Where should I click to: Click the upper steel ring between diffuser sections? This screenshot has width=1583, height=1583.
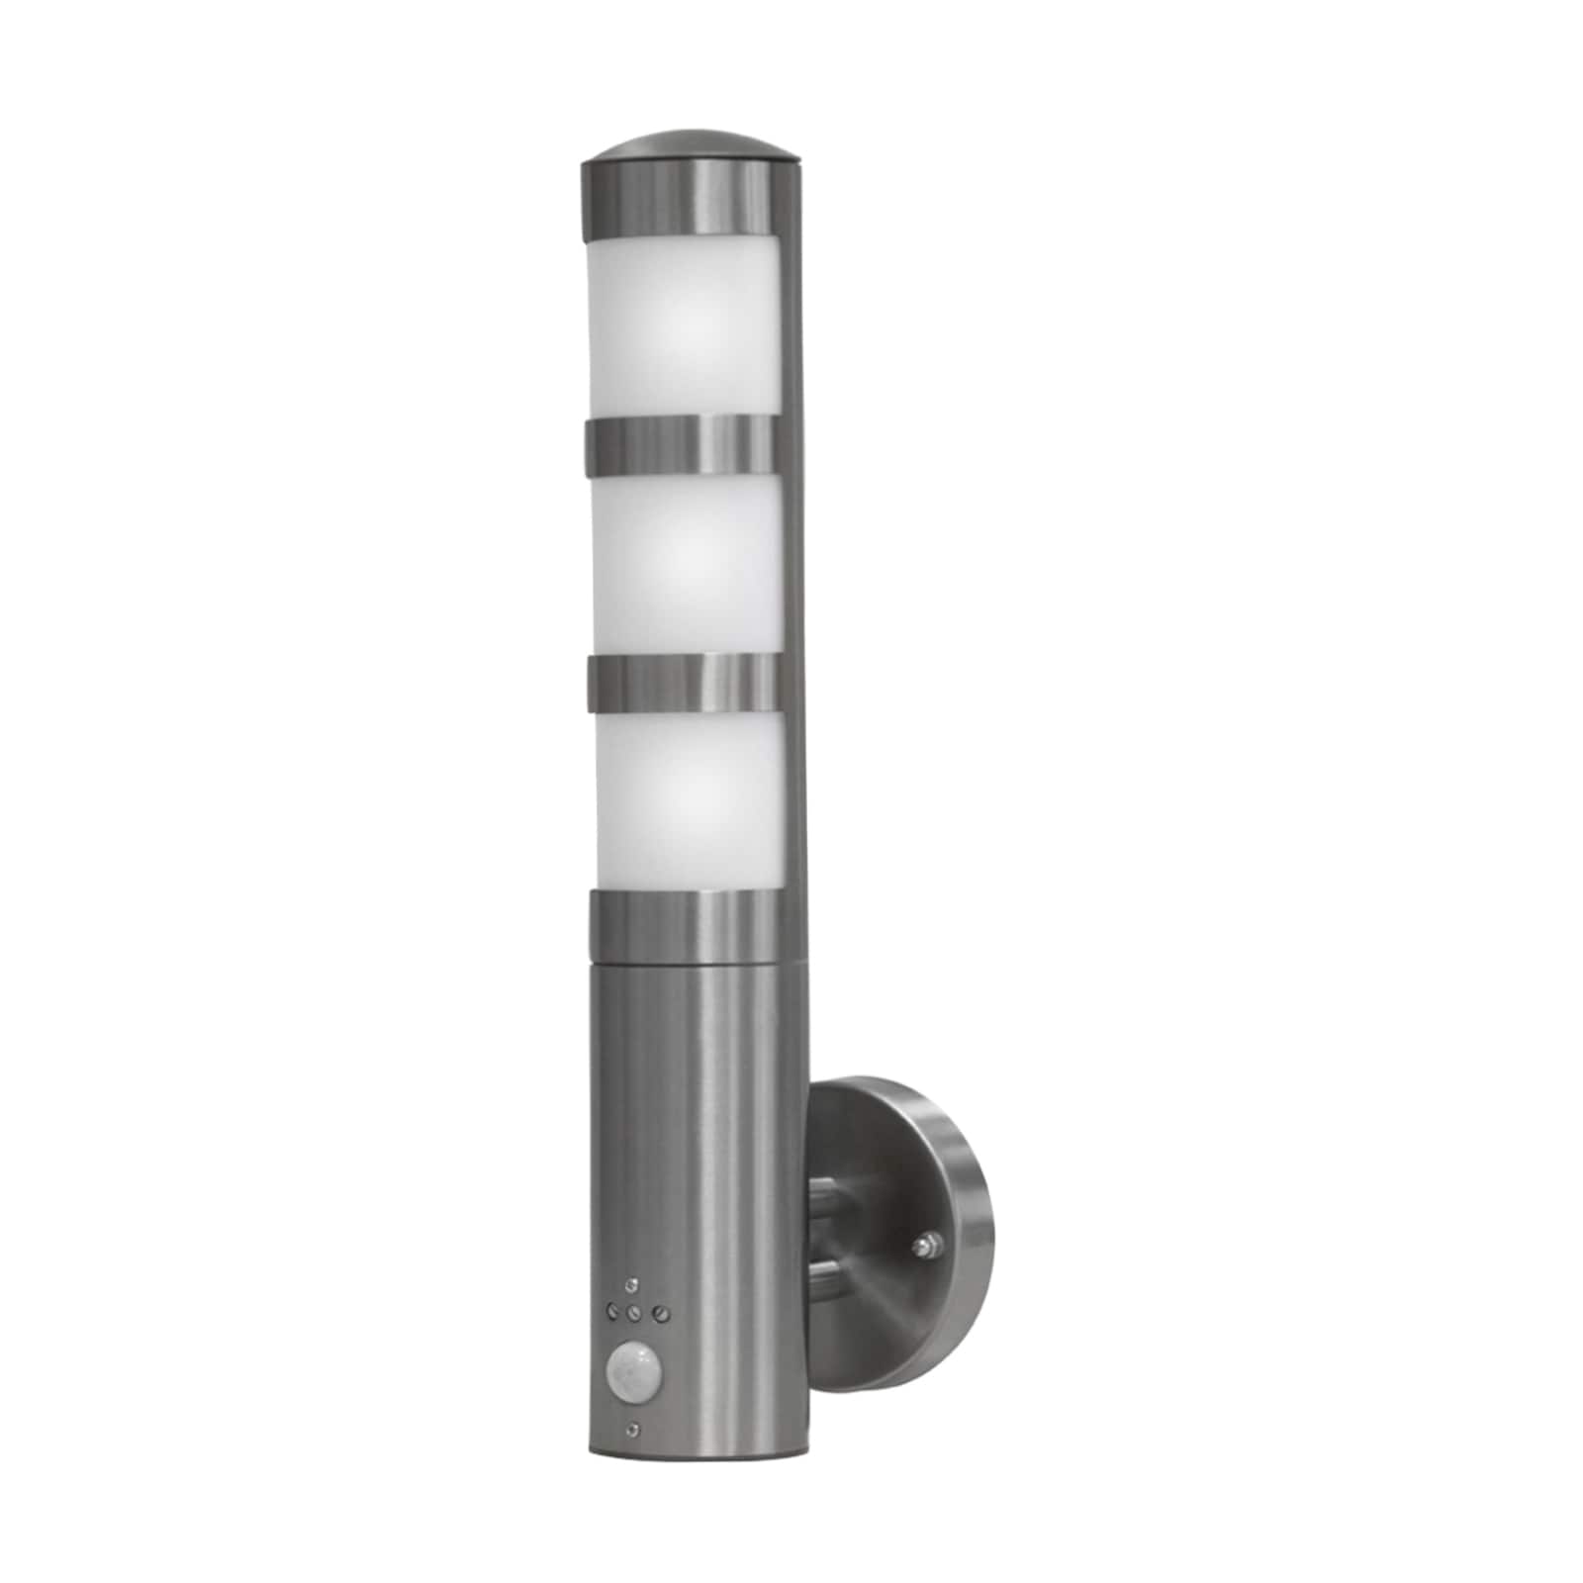tap(683, 442)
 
